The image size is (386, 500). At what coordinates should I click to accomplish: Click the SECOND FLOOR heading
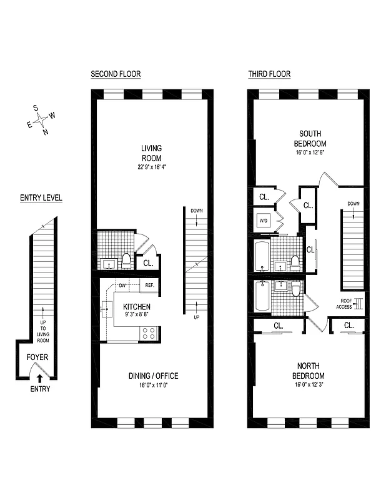(116, 74)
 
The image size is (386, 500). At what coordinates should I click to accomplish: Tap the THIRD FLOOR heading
(269, 74)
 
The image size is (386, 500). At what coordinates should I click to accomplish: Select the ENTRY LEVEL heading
(41, 198)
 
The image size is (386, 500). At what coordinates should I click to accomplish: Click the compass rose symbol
(42, 120)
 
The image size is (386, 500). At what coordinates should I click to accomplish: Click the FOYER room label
(37, 357)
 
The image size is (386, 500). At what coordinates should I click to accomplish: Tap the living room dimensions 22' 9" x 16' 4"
(151, 167)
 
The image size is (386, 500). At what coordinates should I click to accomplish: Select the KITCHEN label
(137, 307)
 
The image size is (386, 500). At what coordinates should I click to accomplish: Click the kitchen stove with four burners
(150, 333)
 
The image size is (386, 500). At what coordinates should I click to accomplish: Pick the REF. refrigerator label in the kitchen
(150, 286)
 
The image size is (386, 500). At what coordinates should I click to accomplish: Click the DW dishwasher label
(123, 286)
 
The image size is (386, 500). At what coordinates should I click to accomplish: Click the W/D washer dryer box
(264, 220)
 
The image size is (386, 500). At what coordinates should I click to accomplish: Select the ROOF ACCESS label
(346, 303)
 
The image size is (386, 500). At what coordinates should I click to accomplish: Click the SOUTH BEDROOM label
(310, 138)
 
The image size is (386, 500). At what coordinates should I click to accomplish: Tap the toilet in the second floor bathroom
(126, 261)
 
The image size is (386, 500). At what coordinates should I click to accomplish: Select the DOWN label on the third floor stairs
(354, 203)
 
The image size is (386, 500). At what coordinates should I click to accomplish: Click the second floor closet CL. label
(148, 263)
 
